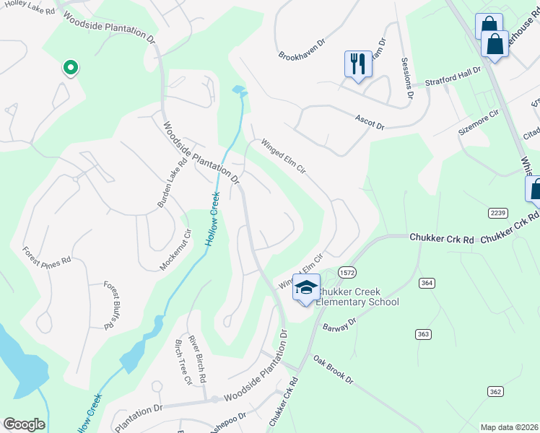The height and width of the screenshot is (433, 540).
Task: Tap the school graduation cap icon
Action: coord(306,288)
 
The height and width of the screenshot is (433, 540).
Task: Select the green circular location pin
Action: coord(71,68)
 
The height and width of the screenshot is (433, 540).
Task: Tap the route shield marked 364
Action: coord(427,284)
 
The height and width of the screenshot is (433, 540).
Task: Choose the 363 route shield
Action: coord(423,333)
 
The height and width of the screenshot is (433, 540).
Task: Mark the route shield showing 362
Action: coord(495,391)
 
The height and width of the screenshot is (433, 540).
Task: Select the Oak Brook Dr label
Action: coord(333,369)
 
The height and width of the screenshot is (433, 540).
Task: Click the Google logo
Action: coord(24,424)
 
